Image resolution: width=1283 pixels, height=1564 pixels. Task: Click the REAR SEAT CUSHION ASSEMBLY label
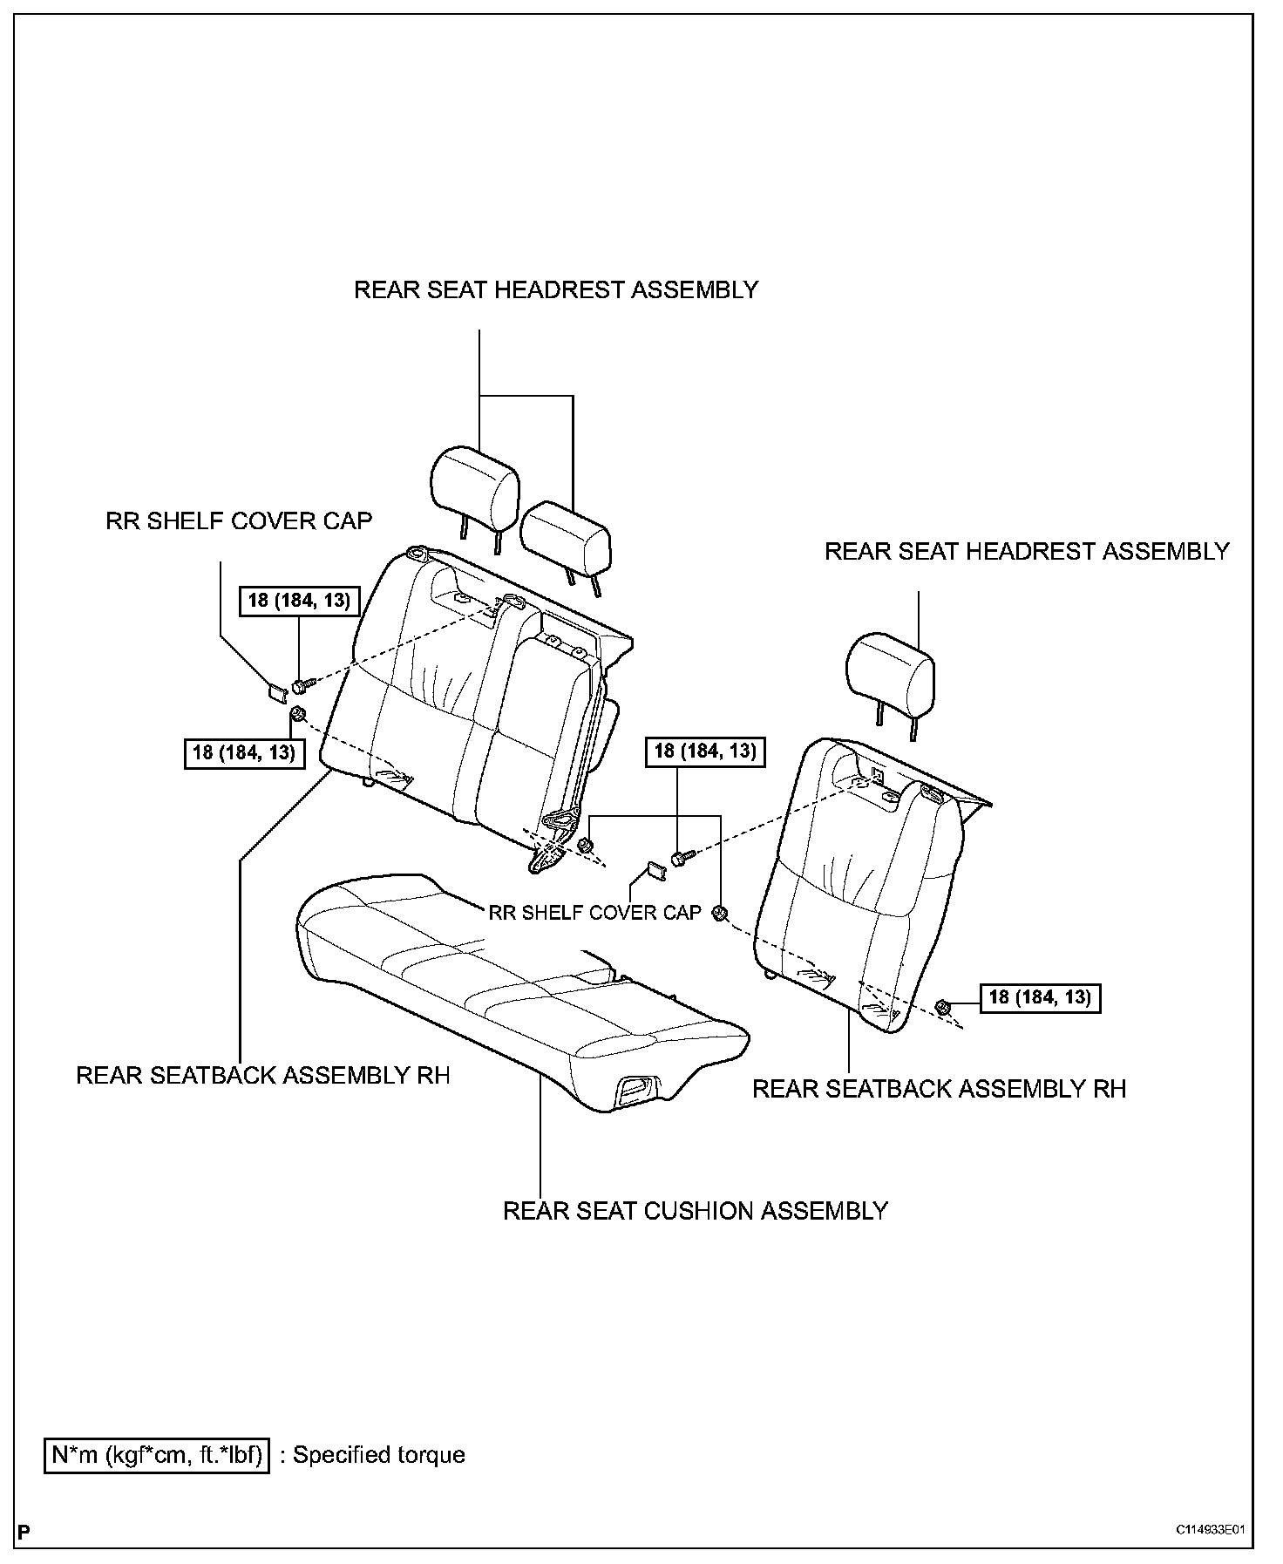[x=695, y=1211]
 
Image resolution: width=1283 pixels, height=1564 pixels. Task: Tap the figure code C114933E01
[x=1209, y=1529]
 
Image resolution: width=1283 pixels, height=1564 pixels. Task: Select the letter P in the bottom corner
[x=24, y=1532]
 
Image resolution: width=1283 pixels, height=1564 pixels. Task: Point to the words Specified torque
[x=378, y=1455]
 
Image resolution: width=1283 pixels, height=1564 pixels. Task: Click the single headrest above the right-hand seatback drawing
[x=891, y=671]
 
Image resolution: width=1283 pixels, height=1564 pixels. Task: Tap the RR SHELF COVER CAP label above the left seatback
[x=239, y=520]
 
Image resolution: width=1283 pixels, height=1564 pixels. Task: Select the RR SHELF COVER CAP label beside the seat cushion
[x=594, y=912]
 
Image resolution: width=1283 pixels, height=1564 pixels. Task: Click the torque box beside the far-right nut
[x=1040, y=997]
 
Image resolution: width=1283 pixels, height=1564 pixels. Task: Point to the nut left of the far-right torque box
[x=941, y=1008]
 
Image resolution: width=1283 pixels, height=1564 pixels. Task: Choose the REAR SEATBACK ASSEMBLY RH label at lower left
[x=263, y=1075]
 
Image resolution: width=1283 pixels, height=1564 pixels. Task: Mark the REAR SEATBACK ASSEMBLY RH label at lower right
[x=939, y=1089]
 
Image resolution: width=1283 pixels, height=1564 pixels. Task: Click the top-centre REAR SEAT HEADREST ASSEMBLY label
[x=556, y=289]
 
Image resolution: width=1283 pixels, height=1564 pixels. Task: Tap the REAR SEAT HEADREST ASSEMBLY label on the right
[x=1027, y=551]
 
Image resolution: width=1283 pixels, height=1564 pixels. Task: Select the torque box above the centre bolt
[x=705, y=751]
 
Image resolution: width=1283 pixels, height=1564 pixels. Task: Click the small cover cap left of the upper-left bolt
[x=276, y=692]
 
